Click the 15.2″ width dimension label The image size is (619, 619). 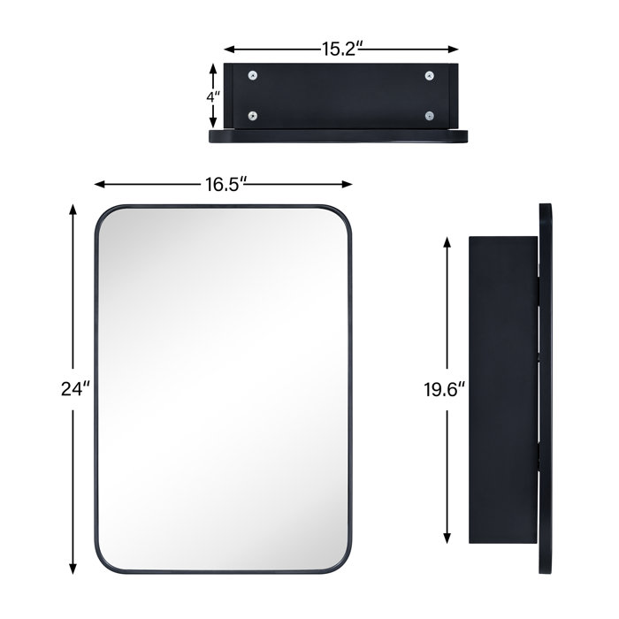point(340,50)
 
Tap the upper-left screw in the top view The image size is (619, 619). point(253,76)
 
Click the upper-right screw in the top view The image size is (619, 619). point(430,76)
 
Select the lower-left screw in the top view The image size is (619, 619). point(253,116)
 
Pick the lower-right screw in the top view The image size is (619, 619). point(430,116)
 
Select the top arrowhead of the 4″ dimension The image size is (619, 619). point(211,65)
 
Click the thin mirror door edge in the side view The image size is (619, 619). point(546,390)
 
